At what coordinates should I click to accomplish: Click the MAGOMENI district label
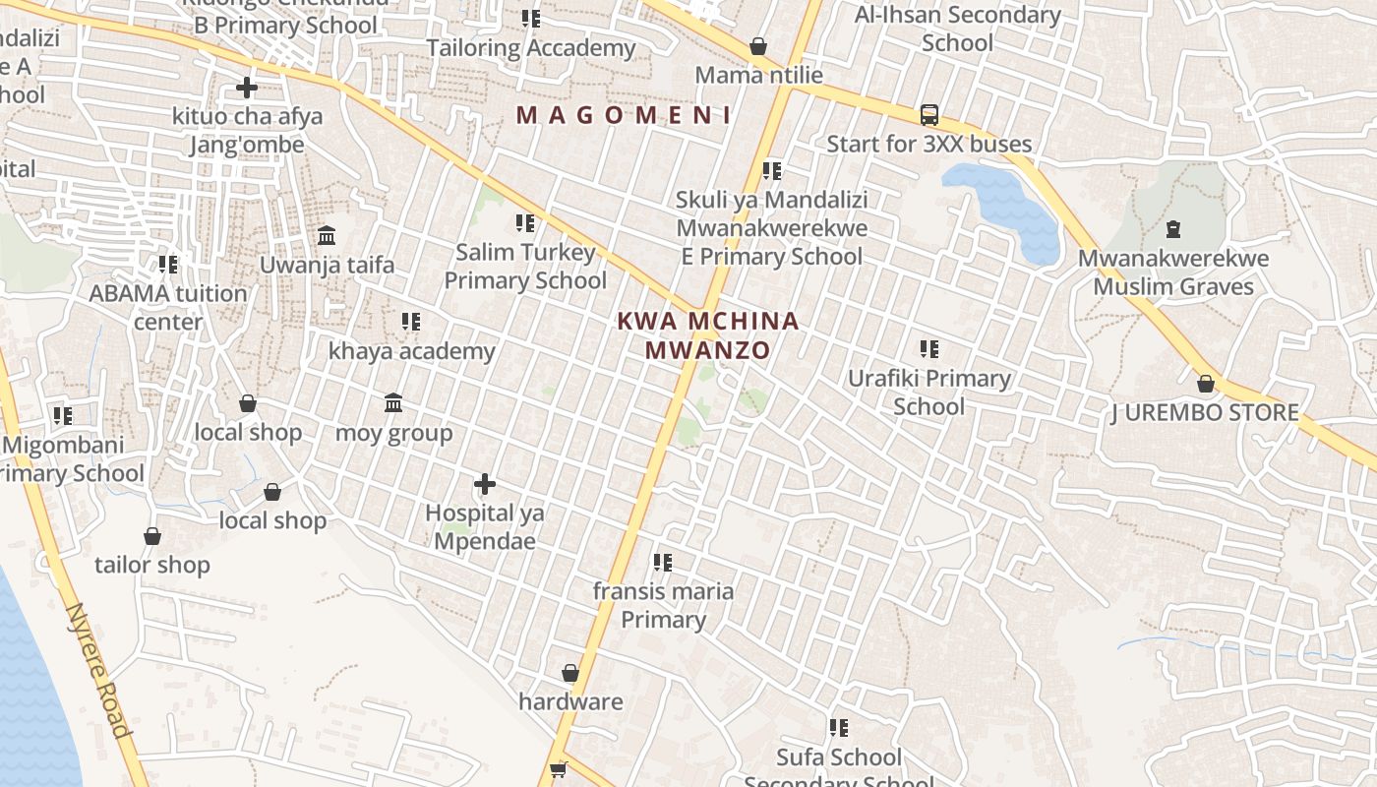(x=624, y=115)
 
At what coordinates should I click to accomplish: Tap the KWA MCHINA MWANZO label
(x=708, y=335)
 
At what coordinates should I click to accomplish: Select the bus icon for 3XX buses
(x=929, y=115)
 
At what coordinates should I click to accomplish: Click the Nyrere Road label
(x=97, y=670)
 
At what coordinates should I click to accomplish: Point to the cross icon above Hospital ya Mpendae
(x=485, y=484)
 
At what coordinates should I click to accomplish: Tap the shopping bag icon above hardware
(x=570, y=674)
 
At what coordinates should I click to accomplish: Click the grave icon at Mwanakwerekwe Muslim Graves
(x=1172, y=230)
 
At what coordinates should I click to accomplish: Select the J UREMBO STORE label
(x=1205, y=413)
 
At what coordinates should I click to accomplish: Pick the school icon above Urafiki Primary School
(x=929, y=349)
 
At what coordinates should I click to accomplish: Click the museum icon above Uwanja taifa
(x=328, y=236)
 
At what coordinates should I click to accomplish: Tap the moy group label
(x=393, y=433)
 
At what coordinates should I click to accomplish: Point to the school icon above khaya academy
(x=411, y=322)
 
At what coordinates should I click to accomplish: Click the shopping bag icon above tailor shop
(x=152, y=537)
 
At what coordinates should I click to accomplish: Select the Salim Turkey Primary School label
(x=525, y=267)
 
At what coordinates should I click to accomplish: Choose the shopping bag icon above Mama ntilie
(x=758, y=46)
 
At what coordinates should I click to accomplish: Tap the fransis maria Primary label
(x=663, y=605)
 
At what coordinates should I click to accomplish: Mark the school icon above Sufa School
(x=839, y=728)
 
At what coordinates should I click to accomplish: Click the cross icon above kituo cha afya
(x=247, y=89)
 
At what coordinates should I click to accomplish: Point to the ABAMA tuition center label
(x=168, y=307)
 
